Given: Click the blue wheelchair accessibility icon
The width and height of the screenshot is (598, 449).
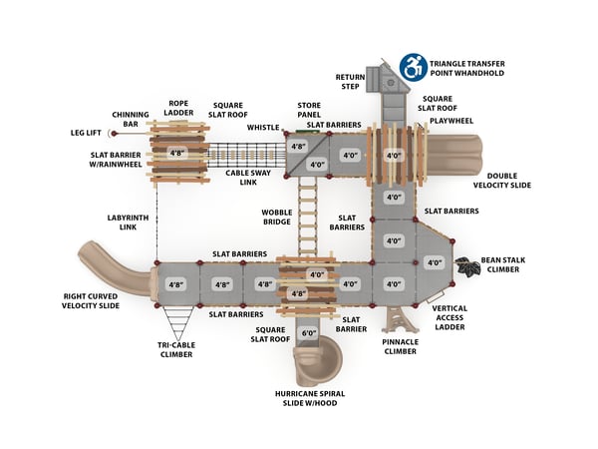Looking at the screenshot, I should coord(413,67).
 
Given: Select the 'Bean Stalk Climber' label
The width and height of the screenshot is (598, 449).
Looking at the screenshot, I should coord(504,265).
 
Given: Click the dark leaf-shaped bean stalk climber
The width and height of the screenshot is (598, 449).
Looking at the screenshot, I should coord(465,266).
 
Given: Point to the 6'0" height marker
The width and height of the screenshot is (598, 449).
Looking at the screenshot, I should coord(309,333).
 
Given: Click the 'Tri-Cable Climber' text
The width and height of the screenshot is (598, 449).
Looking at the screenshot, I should coord(176,348).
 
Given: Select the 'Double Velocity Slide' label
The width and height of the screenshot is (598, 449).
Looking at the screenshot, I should coord(502,181).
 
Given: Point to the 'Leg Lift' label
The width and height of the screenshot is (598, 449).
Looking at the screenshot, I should coord(85,132).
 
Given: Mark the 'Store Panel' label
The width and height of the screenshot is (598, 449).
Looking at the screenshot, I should coord(308,110).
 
